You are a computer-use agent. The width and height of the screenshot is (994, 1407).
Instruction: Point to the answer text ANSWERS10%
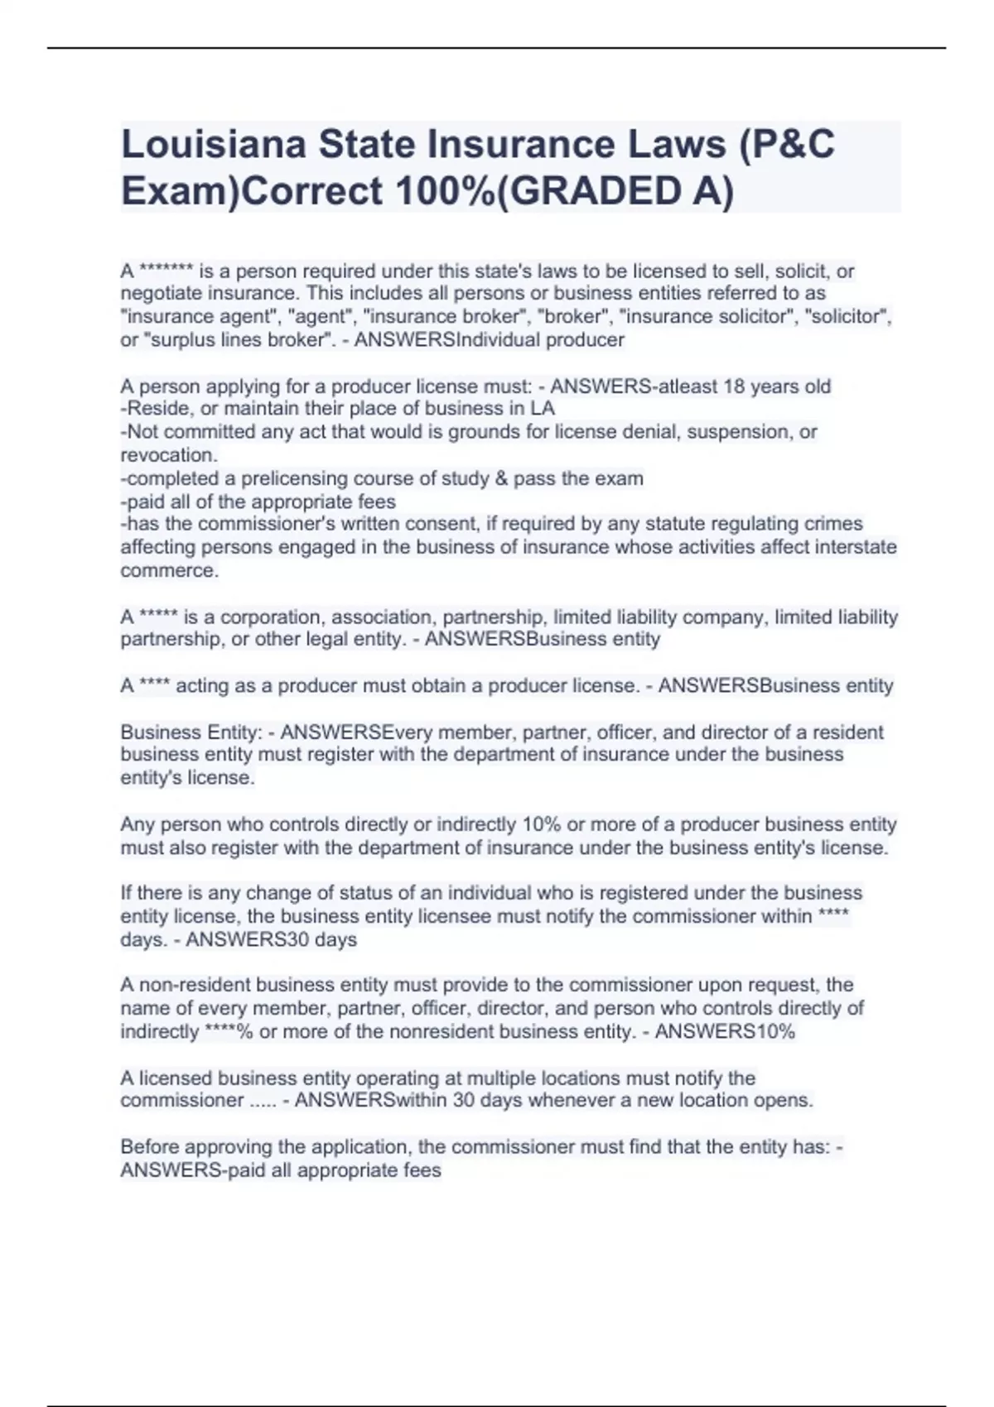[x=725, y=1031]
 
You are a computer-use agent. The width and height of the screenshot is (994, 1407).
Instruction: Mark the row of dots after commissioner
[x=263, y=1101]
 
